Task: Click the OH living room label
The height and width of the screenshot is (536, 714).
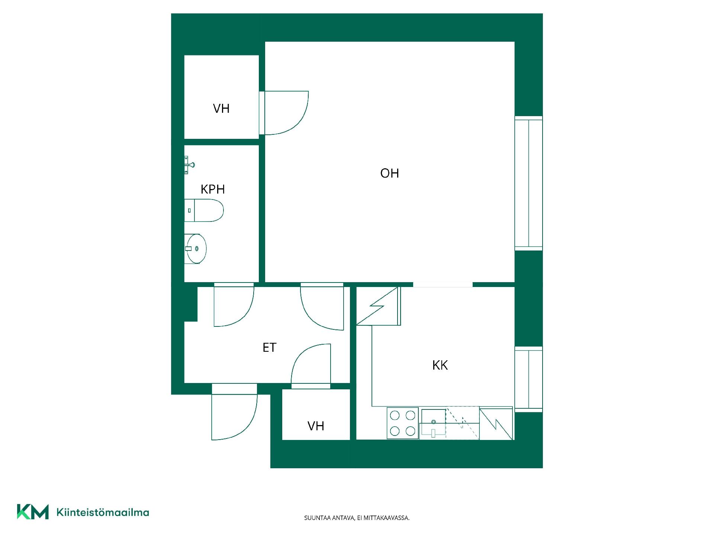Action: point(389,173)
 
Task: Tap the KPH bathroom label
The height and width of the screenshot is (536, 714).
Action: point(213,189)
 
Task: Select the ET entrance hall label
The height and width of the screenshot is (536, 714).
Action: point(269,347)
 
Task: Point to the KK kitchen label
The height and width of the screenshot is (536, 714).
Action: point(440,365)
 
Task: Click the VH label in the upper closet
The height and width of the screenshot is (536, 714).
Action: point(221,108)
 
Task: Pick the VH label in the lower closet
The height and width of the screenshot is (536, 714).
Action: point(316,426)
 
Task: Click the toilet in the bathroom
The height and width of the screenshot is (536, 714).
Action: point(204,210)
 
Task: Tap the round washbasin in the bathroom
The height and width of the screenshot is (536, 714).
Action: point(196,249)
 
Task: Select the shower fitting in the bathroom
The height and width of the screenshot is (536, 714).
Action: point(189,165)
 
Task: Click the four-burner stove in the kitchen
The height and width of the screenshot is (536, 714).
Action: point(403,423)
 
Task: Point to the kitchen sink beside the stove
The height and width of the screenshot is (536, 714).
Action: point(433,423)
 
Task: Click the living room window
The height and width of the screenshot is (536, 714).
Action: point(528,183)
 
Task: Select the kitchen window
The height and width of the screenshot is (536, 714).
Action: point(528,379)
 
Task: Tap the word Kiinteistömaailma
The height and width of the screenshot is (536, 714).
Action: point(103,513)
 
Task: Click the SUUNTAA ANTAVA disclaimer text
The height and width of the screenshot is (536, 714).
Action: point(357,518)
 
